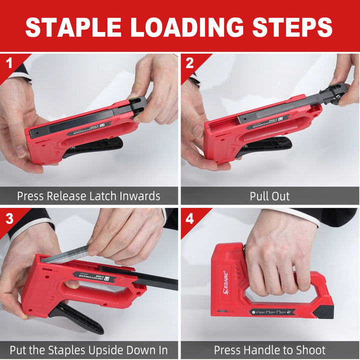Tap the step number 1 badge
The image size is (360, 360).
[8, 63]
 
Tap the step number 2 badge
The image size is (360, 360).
[189, 63]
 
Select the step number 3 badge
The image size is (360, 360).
[8, 218]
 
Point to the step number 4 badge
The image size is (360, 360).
[189, 218]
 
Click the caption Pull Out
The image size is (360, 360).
[269, 195]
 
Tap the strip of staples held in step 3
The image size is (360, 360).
[65, 254]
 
